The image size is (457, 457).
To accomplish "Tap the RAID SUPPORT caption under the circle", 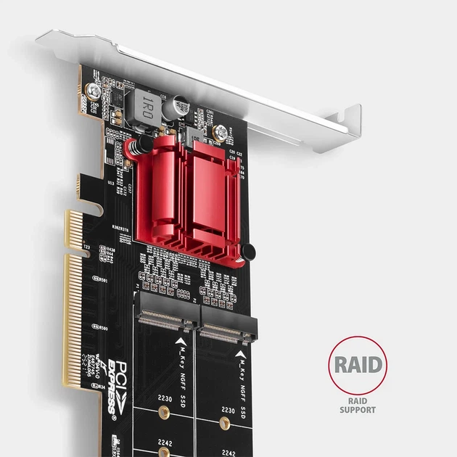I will (358, 405).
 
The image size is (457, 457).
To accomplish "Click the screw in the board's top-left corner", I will (93, 91).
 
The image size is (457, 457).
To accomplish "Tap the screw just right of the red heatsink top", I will (218, 133).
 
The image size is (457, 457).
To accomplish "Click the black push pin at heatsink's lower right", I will (247, 252).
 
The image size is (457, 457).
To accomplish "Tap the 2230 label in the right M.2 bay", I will (227, 411).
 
